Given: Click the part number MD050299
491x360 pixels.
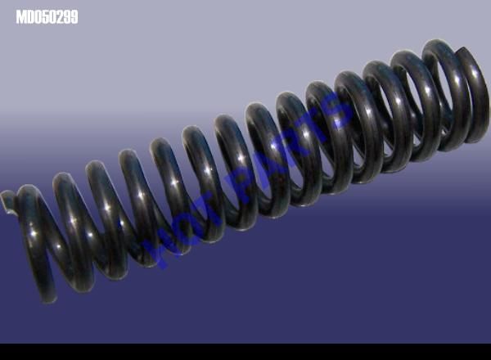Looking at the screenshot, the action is click(x=47, y=17).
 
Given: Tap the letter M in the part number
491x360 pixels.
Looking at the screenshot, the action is click(x=20, y=17).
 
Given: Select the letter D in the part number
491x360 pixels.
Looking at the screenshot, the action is click(x=30, y=17).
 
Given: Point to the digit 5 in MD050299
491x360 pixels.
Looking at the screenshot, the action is click(x=46, y=17).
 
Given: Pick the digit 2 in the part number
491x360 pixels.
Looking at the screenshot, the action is click(x=61, y=17).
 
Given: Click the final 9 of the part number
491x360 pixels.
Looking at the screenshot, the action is click(x=74, y=17).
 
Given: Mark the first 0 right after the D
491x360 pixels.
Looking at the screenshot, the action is click(x=38, y=17).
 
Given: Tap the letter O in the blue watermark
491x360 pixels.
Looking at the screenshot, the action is click(x=185, y=228).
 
